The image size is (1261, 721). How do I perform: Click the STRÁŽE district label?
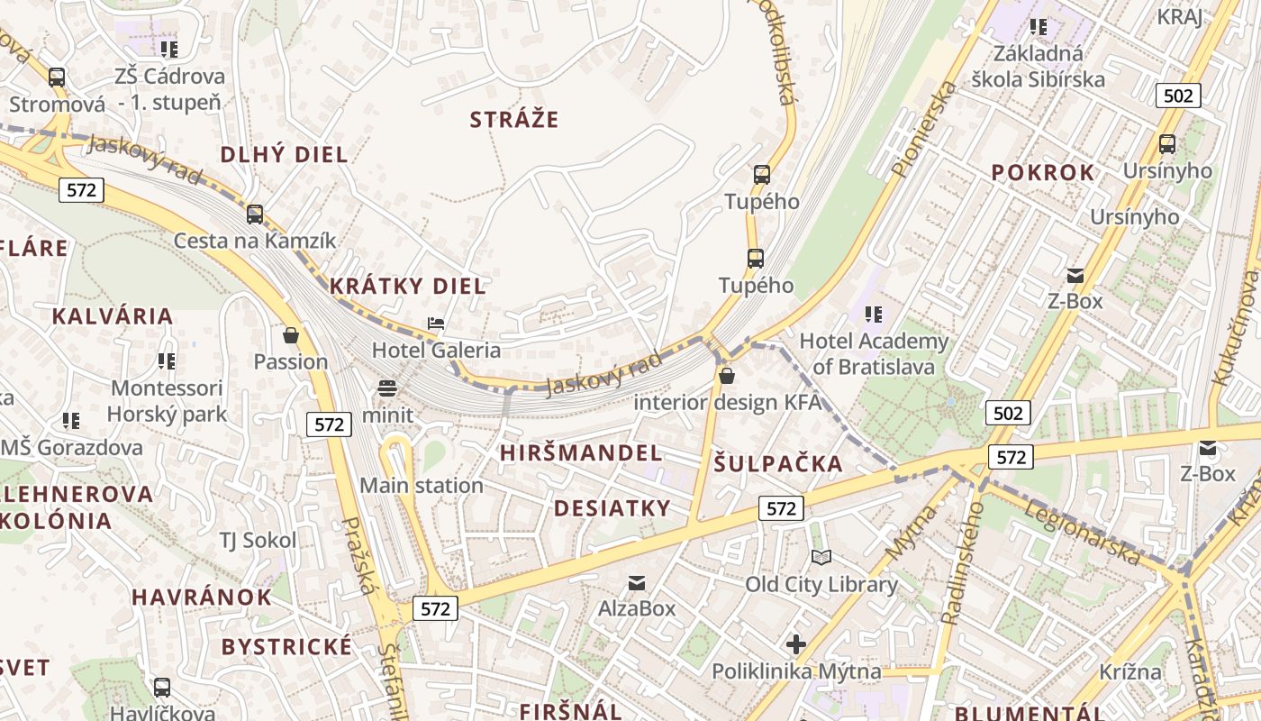[x=514, y=119]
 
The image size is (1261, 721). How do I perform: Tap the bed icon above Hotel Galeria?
[x=437, y=324]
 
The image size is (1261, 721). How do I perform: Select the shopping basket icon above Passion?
[x=290, y=335]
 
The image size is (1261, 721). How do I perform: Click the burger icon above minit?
[x=387, y=388]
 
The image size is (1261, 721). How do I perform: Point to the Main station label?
[x=422, y=486]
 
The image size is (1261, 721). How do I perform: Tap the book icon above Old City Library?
[x=821, y=558]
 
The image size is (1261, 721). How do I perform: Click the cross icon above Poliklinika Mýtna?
[x=795, y=644]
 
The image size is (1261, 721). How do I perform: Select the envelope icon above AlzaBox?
[x=637, y=582]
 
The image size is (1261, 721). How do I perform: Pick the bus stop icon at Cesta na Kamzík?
[x=255, y=214]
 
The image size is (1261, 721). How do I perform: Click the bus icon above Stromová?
[x=57, y=78]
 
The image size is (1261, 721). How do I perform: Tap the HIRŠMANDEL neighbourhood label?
[x=581, y=452]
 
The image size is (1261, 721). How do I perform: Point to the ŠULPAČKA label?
[x=779, y=464]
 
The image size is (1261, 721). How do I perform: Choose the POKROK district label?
[x=1043, y=173]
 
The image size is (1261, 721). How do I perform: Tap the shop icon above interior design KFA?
[x=727, y=376]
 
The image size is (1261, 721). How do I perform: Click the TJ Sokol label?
[x=258, y=540]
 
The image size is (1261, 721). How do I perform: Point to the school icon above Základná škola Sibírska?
[x=1039, y=27]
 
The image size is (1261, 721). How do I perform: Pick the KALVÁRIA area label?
[x=113, y=316]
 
